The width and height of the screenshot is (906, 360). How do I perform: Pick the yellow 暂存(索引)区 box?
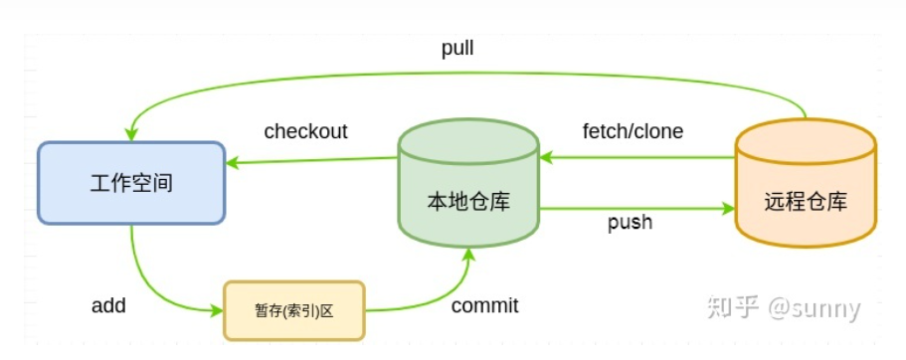294,310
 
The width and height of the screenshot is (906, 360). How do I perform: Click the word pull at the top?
457,49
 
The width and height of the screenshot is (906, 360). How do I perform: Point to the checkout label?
305,131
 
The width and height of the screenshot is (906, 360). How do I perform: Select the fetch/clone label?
633,131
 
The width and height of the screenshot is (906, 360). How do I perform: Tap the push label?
630,222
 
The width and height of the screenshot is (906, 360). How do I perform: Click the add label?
108,305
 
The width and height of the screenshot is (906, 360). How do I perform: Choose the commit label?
484,305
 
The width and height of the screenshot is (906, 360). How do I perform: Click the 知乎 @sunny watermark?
783,308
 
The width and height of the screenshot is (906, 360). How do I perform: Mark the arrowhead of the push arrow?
728,209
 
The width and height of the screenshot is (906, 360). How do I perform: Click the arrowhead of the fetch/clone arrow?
546,157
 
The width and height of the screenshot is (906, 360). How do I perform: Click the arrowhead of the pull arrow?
131,134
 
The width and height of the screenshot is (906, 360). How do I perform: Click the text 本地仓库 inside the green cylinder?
468,202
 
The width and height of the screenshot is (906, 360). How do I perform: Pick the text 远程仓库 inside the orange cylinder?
806,202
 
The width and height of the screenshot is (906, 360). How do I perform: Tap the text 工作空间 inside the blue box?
131,184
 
